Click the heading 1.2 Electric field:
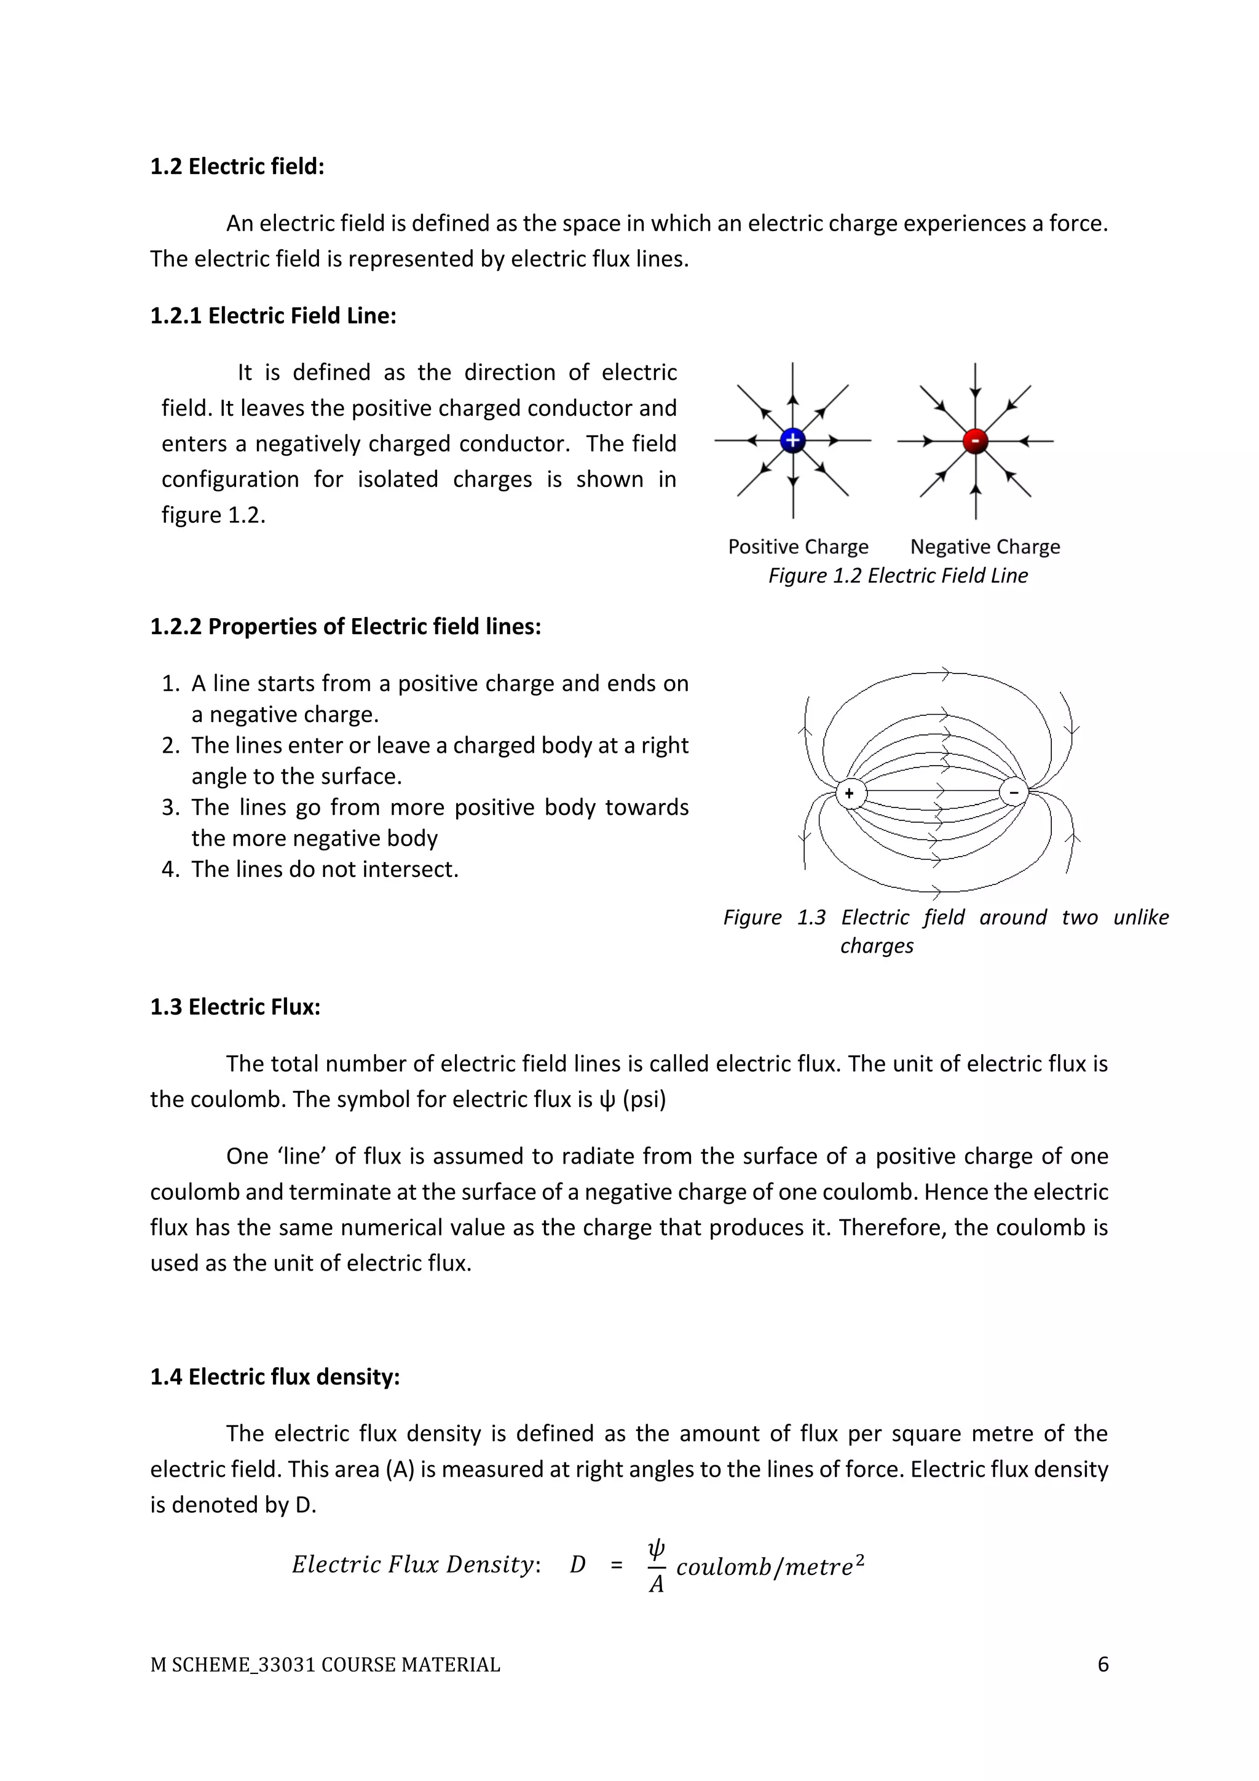tap(237, 166)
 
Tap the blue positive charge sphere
tap(792, 440)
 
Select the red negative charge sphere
tap(975, 440)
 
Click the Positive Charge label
tap(798, 547)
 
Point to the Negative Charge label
tap(985, 547)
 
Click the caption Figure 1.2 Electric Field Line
tap(898, 576)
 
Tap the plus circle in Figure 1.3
tap(850, 793)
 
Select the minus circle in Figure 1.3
tap(1013, 792)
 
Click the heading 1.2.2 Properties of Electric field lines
tap(345, 626)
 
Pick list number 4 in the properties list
tap(170, 870)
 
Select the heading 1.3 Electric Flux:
tap(235, 1007)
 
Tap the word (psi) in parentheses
tap(644, 1100)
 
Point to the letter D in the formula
tap(578, 1565)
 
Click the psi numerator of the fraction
tap(656, 1549)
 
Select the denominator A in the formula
tap(656, 1584)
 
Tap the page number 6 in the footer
tap(1102, 1665)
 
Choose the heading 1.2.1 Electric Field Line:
tap(273, 315)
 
